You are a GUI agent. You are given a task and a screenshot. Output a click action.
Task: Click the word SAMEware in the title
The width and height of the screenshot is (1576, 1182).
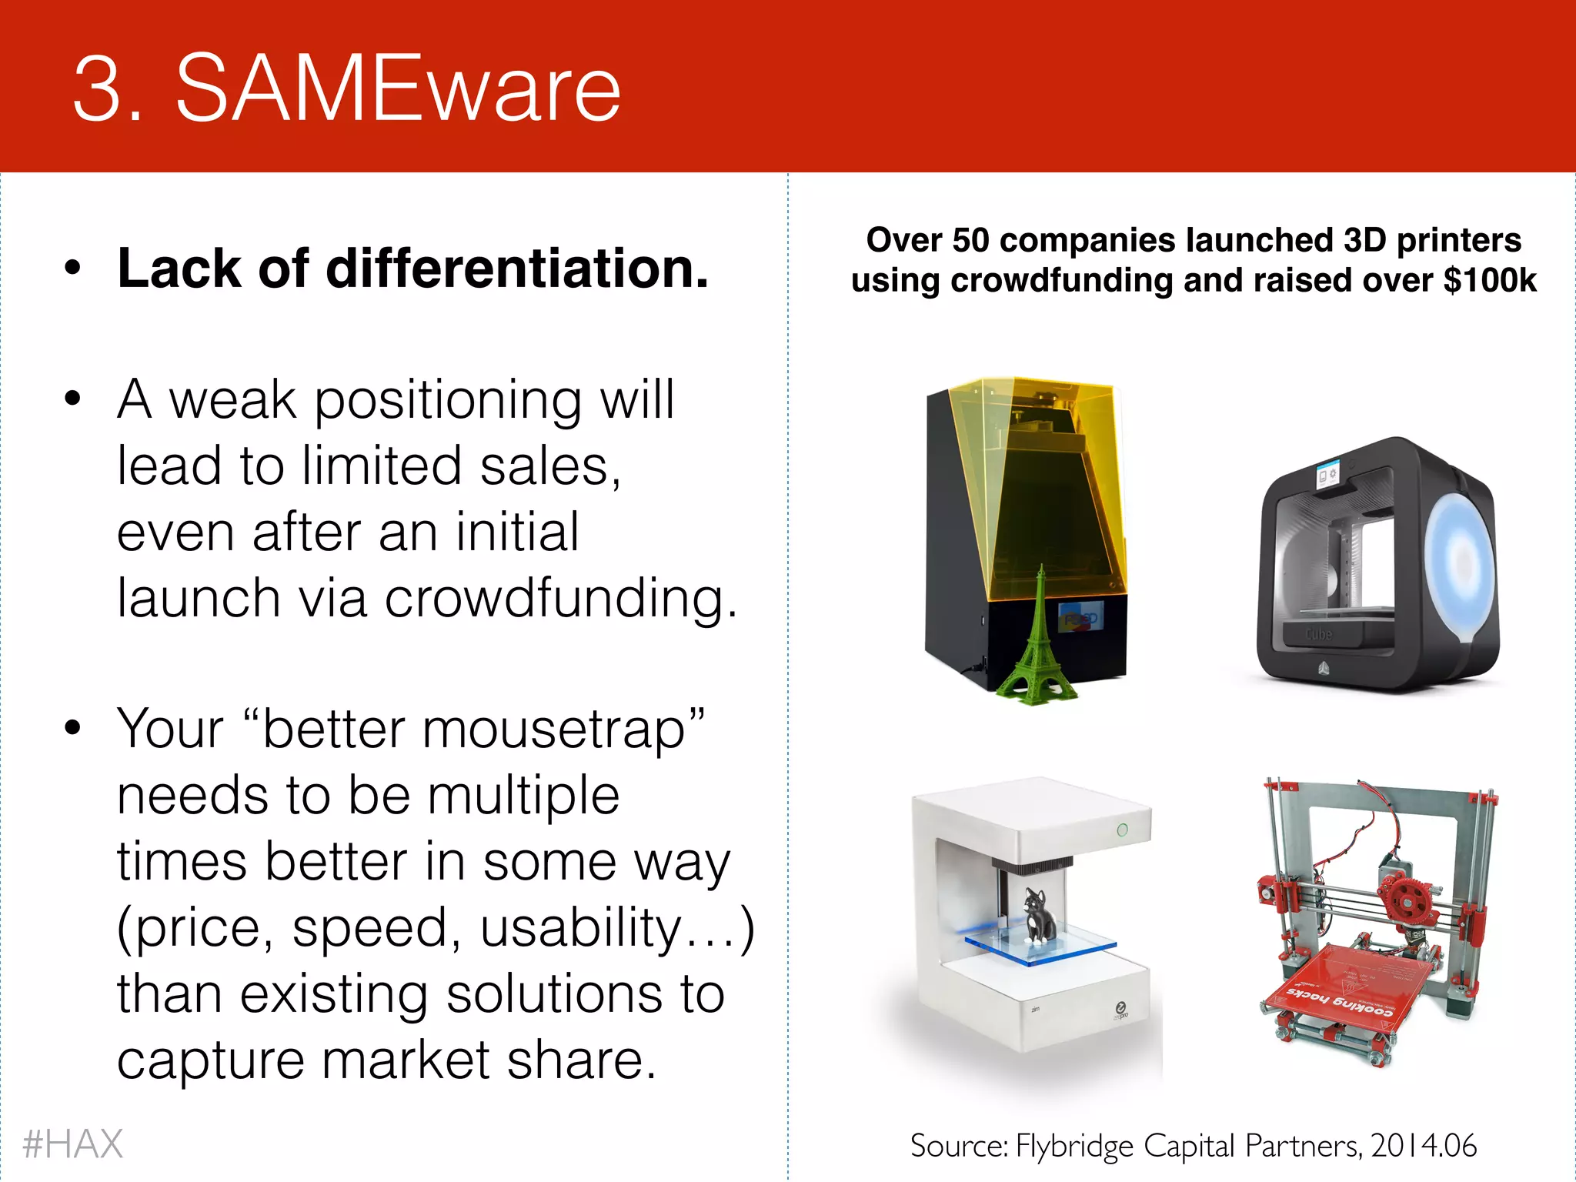(x=398, y=88)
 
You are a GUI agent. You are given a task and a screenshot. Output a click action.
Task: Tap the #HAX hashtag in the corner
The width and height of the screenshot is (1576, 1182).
(x=72, y=1144)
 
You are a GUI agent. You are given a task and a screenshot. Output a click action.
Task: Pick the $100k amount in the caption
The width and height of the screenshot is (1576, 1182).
(x=1490, y=280)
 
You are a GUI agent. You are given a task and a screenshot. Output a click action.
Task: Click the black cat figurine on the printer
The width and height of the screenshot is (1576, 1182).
(x=1037, y=916)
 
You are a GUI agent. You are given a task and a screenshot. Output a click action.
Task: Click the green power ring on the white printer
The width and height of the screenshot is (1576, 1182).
(x=1122, y=830)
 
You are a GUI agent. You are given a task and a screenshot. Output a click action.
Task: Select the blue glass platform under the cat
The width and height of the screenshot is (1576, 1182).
(x=1039, y=949)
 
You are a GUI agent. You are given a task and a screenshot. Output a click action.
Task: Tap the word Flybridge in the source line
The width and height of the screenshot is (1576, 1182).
(x=1074, y=1146)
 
